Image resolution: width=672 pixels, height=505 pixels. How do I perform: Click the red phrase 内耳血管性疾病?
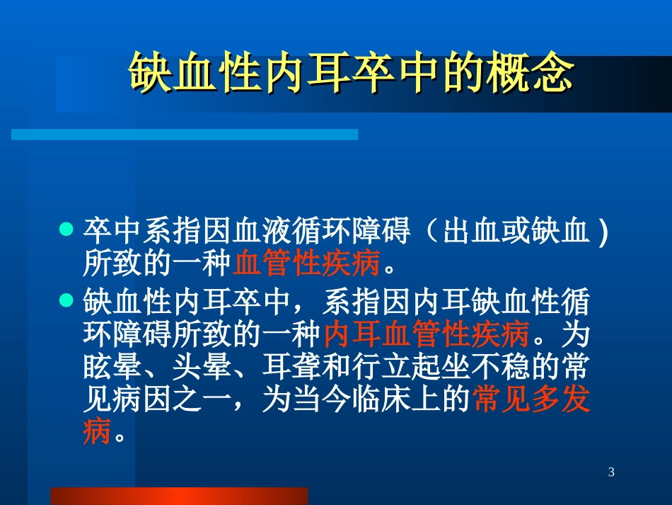[427, 332]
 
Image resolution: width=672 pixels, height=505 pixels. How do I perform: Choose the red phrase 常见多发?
[531, 400]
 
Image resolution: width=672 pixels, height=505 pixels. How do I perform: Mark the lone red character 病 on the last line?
[97, 433]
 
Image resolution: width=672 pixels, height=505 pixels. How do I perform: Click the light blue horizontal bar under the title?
[184, 135]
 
